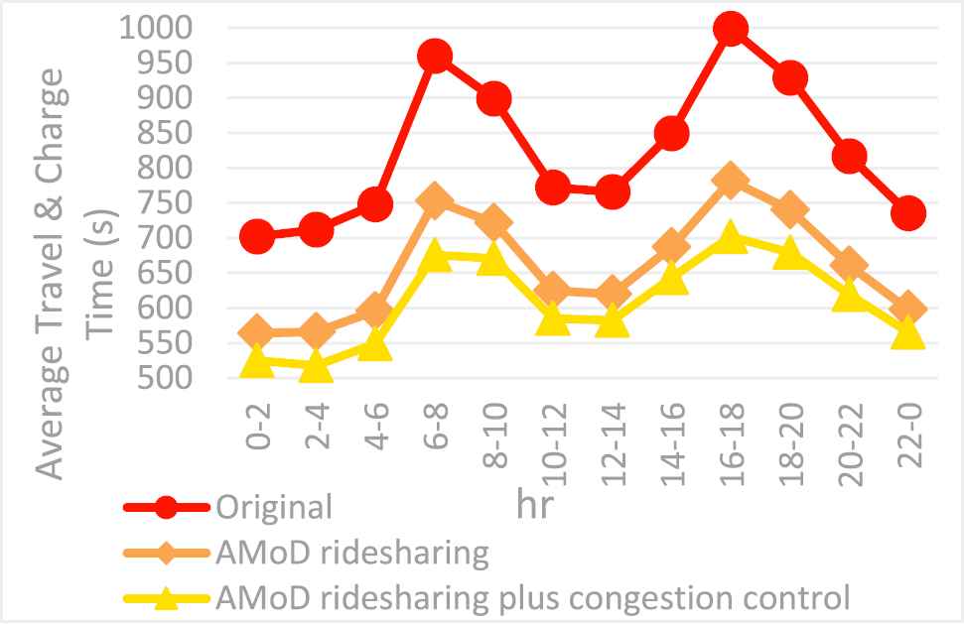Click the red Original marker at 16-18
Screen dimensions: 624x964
(x=730, y=29)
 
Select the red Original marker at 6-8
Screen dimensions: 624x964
(x=434, y=57)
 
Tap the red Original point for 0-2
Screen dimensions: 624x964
(x=256, y=237)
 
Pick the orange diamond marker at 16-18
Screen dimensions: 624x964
(x=730, y=181)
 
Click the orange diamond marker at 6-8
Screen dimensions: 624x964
(x=434, y=201)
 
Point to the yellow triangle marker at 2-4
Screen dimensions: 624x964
(x=316, y=369)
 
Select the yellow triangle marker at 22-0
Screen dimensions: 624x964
(x=907, y=333)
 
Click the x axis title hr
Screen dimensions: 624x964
(x=534, y=504)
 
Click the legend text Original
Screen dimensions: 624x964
(x=273, y=507)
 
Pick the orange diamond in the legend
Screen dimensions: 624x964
(x=167, y=553)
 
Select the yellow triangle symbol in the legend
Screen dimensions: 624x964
(x=167, y=598)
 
